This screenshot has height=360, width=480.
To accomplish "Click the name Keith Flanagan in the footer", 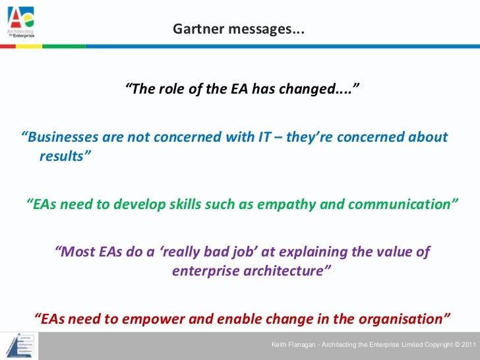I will tap(294, 345).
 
